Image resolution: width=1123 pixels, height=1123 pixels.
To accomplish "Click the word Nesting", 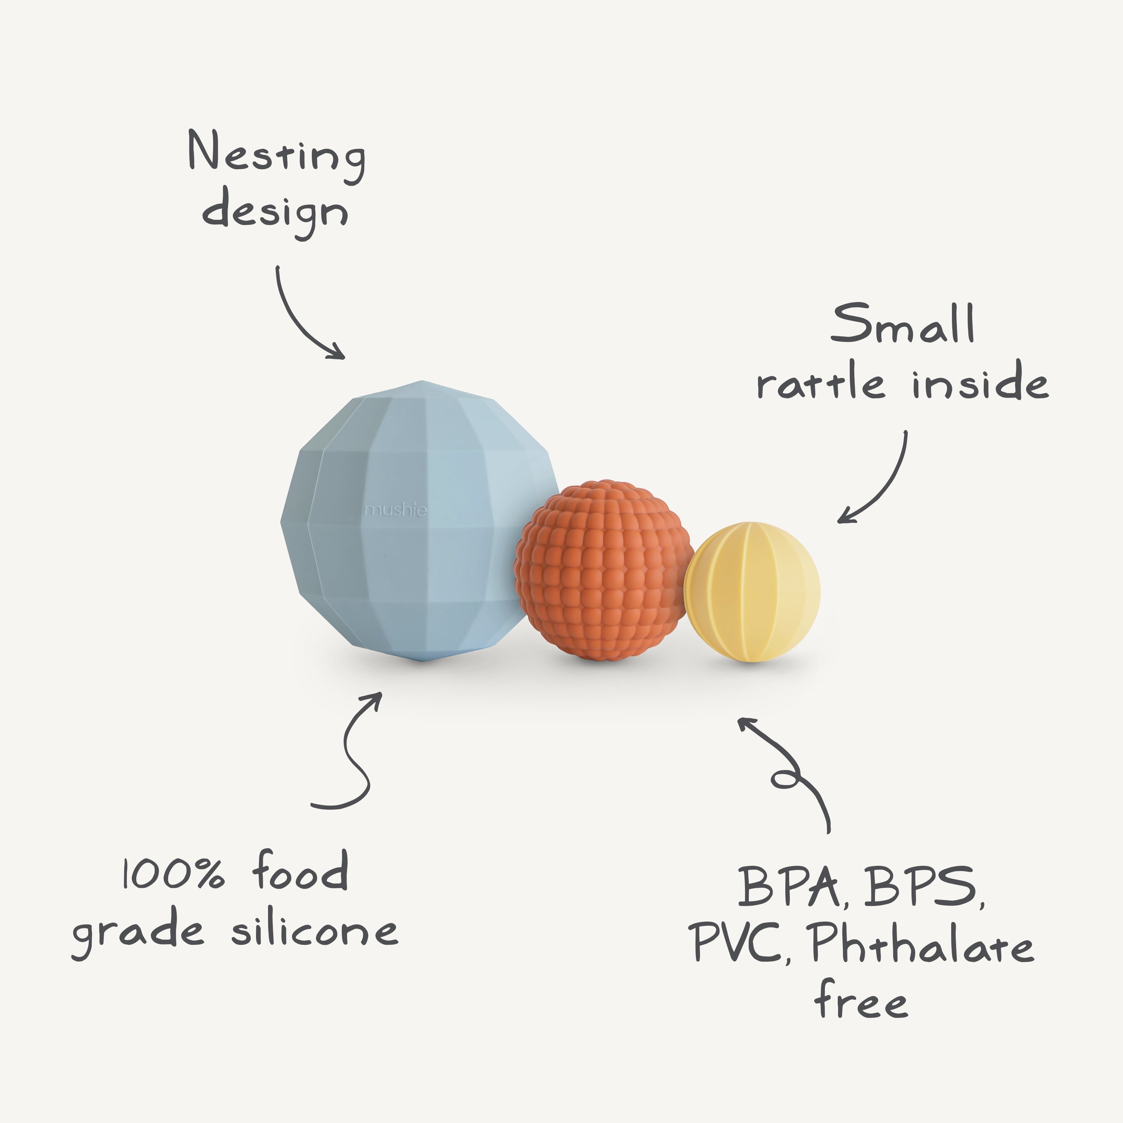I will (x=277, y=153).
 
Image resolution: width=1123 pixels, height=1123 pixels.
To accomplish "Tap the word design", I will (x=275, y=212).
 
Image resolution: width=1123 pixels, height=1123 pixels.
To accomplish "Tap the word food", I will (x=301, y=871).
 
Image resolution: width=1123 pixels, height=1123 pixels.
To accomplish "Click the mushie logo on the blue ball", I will (x=395, y=510).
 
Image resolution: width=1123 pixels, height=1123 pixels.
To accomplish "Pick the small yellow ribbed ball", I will (x=752, y=592).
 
